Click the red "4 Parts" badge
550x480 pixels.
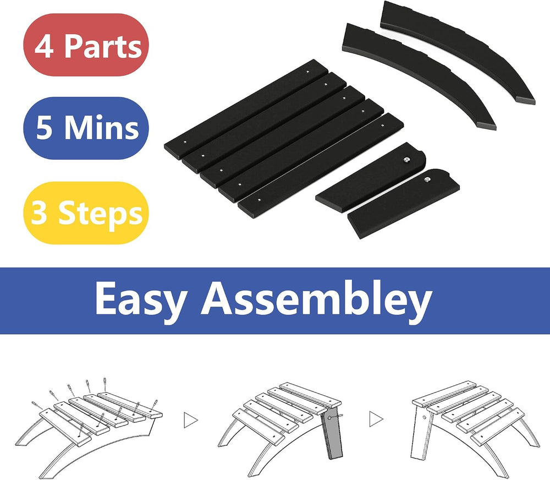pos(86,45)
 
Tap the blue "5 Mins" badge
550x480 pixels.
pos(86,128)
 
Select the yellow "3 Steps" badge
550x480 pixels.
pos(86,213)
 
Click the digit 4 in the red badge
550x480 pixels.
pos(44,47)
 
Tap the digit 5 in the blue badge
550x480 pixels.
pos(44,128)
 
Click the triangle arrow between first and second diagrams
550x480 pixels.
pos(190,419)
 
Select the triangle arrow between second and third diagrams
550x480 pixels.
pos(376,419)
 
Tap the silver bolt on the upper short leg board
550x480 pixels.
pos(406,160)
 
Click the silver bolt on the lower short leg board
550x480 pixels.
pos(427,179)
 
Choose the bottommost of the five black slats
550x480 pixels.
pos(321,165)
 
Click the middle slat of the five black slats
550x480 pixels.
pos(282,137)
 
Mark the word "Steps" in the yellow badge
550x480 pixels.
pos(100,213)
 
